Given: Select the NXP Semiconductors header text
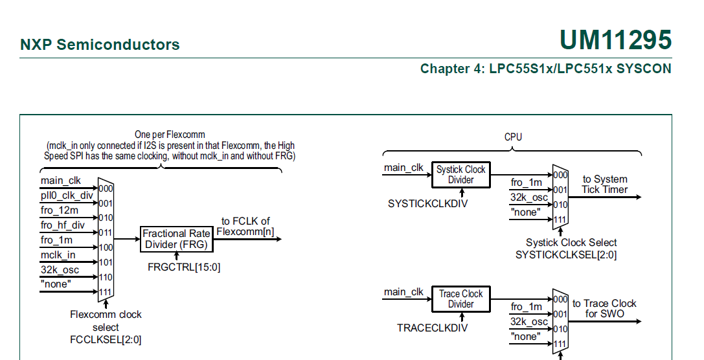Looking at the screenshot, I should tap(100, 45).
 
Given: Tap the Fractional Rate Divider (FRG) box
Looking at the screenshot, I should tap(176, 239).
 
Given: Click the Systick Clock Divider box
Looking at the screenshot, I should tap(460, 175).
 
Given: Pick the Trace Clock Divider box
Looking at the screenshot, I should tap(460, 299).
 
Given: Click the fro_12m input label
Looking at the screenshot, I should tap(59, 210).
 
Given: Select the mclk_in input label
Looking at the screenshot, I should tap(58, 255).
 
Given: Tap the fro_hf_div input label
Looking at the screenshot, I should tap(62, 225).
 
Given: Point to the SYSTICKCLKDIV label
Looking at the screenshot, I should tap(427, 203).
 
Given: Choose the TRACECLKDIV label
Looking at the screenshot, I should tap(432, 328).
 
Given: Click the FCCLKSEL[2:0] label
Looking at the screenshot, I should tap(106, 339).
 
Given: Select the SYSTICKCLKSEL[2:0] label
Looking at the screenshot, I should tap(565, 254).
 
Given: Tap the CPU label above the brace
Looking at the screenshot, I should tap(513, 137).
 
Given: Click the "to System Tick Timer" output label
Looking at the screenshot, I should tap(604, 185).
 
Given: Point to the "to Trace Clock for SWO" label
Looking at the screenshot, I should tap(604, 308).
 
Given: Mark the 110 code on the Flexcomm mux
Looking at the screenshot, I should tap(106, 277).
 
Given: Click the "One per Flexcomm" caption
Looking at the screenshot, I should tap(170, 135).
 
